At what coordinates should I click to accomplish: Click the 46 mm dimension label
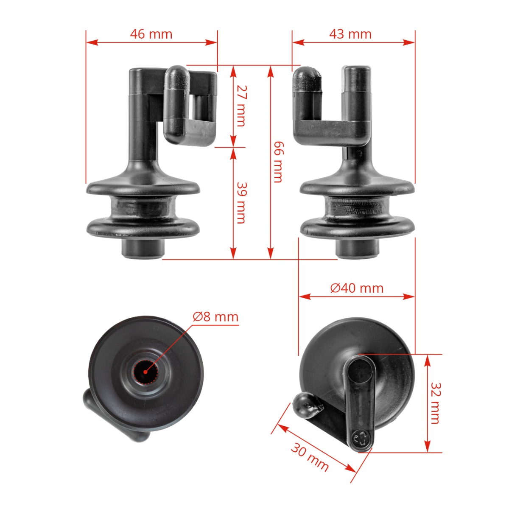pos(151,34)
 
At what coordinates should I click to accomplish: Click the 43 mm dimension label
pos(350,34)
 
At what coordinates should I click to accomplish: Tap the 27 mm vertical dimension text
pos(241,106)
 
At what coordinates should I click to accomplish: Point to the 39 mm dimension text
pos(241,202)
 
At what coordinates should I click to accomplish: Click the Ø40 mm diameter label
pos(357,288)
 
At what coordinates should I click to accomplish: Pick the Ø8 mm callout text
pos(215,317)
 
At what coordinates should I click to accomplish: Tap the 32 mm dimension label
pos(435,403)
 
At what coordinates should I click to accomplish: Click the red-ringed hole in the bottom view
pos(145,372)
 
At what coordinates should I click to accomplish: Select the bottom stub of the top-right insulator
pos(357,248)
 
